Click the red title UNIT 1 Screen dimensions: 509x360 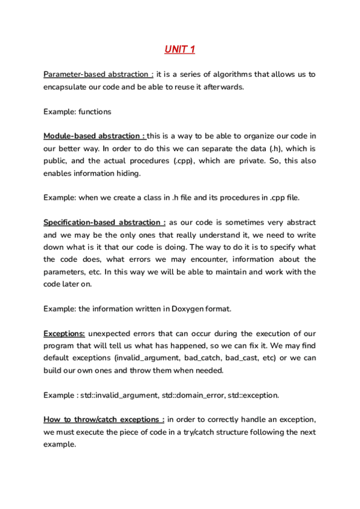[179, 49]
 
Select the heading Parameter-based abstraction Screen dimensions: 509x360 [98, 74]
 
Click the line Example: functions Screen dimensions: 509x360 [77, 112]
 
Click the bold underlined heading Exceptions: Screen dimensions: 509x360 [64, 333]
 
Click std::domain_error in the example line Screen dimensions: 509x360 [197, 395]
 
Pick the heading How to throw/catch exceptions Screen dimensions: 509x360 [104, 420]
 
